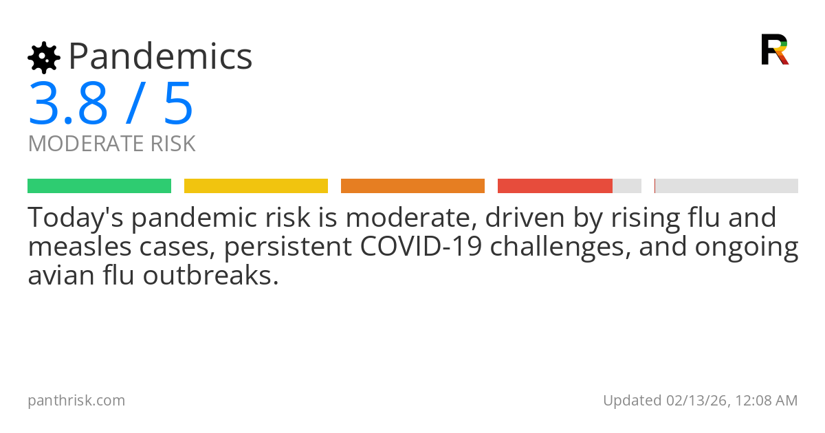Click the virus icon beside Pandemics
pos(44,58)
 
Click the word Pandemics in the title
pos(161,56)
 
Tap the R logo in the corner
pos(774,49)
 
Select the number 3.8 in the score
pos(68,104)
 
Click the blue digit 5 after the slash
pos(178,104)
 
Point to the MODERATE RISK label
pos(112,144)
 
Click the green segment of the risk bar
pos(99,186)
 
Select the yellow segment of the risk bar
pos(256,186)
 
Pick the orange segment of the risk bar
pos(412,186)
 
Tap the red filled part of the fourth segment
pos(555,186)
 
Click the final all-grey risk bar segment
pos(727,186)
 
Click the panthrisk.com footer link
pos(76,401)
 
